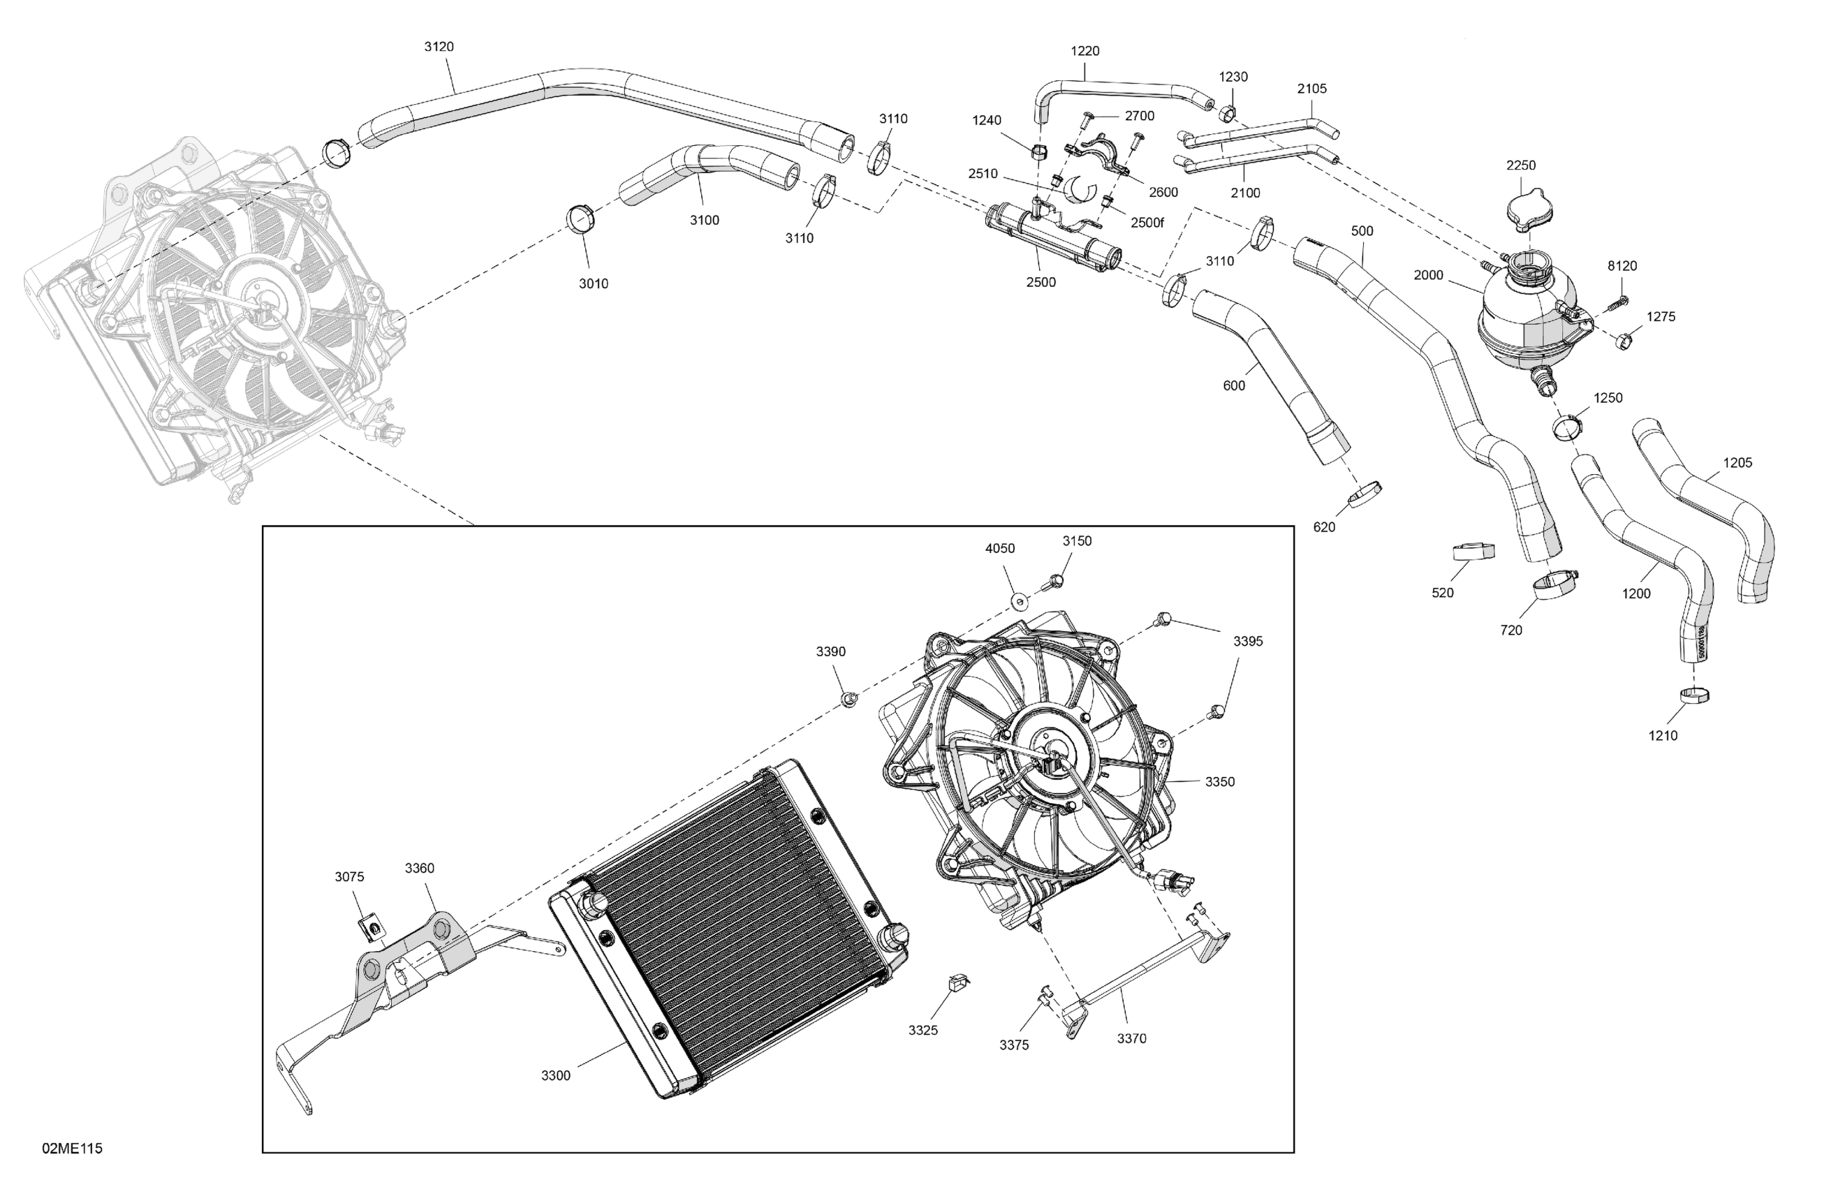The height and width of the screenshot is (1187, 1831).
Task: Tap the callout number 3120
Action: click(439, 47)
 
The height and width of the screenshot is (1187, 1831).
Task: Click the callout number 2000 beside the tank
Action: click(1429, 275)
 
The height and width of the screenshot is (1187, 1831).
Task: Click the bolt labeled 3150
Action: click(1054, 582)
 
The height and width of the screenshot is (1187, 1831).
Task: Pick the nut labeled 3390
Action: click(849, 698)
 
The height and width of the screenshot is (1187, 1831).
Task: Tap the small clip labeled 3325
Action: click(957, 982)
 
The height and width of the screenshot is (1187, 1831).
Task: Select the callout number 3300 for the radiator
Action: click(555, 1075)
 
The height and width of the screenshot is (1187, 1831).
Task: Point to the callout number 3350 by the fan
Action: click(1219, 781)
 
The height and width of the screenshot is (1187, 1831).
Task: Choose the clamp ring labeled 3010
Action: click(580, 219)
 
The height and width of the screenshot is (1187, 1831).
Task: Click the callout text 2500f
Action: click(1147, 223)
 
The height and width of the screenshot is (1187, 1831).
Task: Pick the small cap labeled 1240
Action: click(1038, 149)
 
